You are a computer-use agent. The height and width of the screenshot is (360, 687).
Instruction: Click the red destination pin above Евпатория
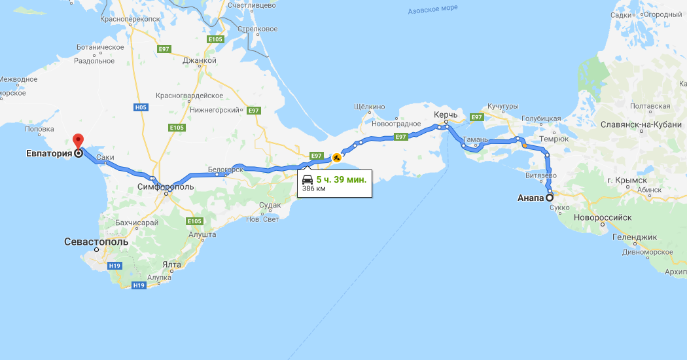click(x=78, y=140)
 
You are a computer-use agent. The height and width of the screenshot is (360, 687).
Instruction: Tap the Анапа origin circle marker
click(x=550, y=197)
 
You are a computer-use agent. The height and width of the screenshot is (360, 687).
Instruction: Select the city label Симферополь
click(x=166, y=187)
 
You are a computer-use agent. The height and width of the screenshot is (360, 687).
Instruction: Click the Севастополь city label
click(x=96, y=242)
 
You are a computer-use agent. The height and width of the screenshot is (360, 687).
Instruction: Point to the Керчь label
click(x=445, y=114)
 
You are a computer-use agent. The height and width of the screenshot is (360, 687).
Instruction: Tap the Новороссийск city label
click(x=602, y=217)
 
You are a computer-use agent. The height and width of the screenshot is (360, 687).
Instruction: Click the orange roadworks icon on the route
click(x=336, y=157)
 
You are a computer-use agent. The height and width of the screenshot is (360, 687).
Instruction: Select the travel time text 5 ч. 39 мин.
click(x=342, y=179)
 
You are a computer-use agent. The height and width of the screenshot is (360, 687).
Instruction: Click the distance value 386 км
click(x=313, y=189)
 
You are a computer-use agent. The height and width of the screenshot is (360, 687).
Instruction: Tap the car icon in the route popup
click(x=308, y=179)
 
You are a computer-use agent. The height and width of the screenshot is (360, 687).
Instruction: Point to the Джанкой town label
click(x=200, y=60)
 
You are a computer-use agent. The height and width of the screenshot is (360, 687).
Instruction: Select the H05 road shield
click(x=140, y=107)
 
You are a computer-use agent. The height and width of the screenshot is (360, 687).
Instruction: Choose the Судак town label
click(x=270, y=205)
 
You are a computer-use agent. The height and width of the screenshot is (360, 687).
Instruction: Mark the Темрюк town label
click(x=554, y=139)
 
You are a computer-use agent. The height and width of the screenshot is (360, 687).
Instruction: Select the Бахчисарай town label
click(x=137, y=223)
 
